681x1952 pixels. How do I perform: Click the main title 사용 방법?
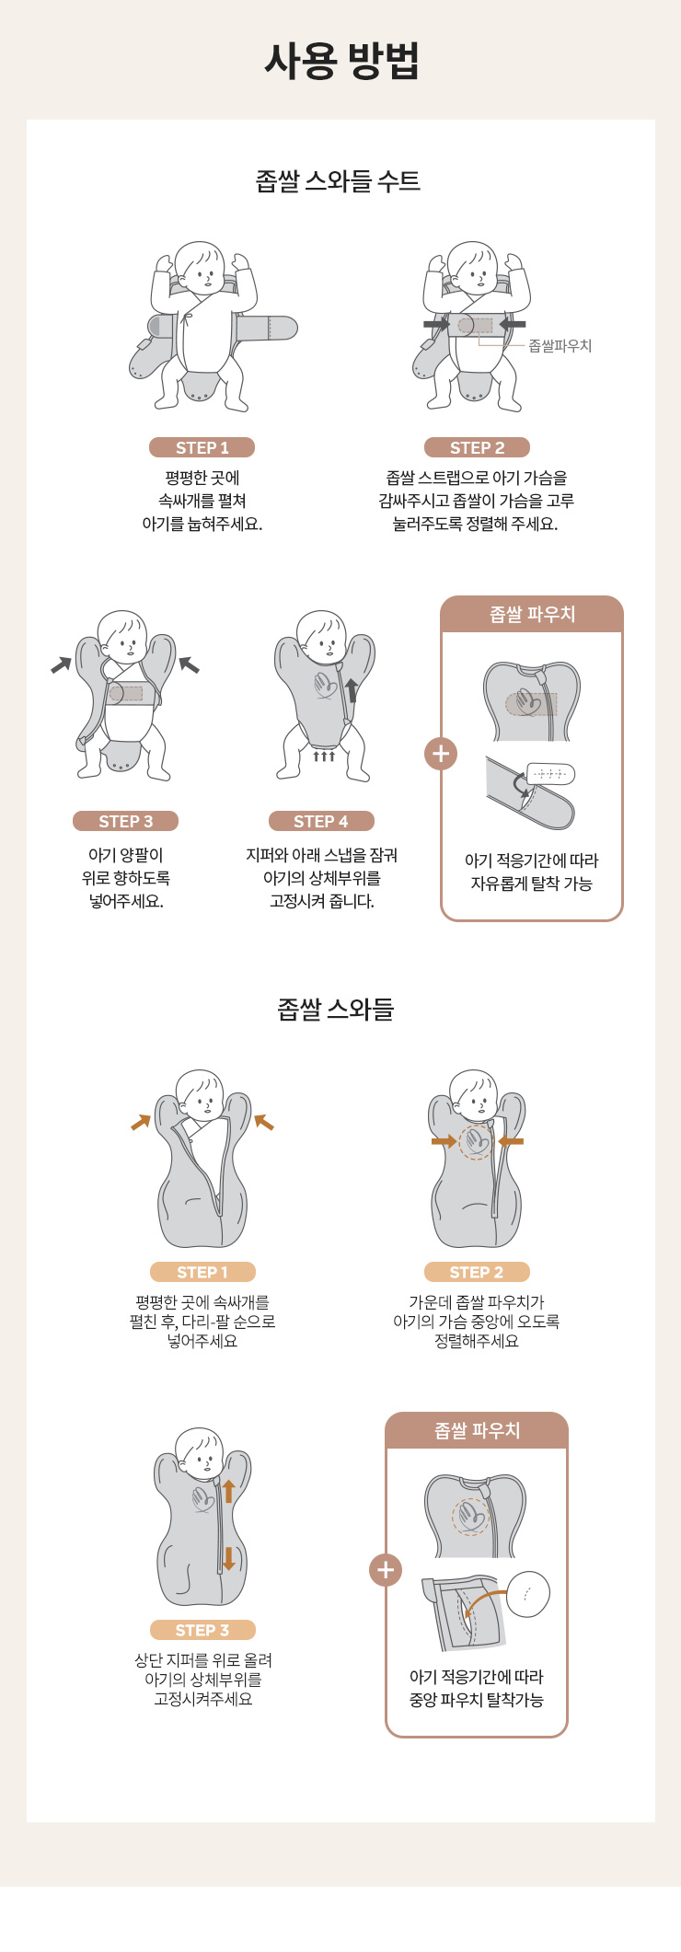tap(341, 61)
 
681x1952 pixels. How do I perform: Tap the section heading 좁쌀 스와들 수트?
tap(338, 180)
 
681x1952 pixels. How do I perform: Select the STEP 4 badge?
tap(321, 821)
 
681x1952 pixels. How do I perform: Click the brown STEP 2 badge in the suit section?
tap(477, 447)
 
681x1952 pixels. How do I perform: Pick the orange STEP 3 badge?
tap(202, 1630)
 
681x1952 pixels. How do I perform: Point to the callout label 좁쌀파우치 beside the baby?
tap(560, 346)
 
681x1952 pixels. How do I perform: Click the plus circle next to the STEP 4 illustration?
tap(441, 754)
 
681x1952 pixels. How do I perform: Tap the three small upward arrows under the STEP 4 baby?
tap(324, 756)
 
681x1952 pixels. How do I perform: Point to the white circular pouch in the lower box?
tap(528, 1594)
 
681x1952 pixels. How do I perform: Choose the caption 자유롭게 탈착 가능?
tap(532, 884)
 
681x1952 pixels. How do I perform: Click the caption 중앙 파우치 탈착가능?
tap(477, 1700)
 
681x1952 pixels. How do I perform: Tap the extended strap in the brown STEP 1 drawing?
tap(266, 328)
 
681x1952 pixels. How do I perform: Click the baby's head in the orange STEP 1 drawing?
tap(200, 1094)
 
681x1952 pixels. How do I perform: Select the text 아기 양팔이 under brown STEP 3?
tap(126, 855)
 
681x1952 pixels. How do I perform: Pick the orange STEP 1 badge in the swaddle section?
tap(202, 1272)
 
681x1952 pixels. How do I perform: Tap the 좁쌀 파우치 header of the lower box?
tap(477, 1430)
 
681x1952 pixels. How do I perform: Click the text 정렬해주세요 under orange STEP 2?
tap(477, 1341)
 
